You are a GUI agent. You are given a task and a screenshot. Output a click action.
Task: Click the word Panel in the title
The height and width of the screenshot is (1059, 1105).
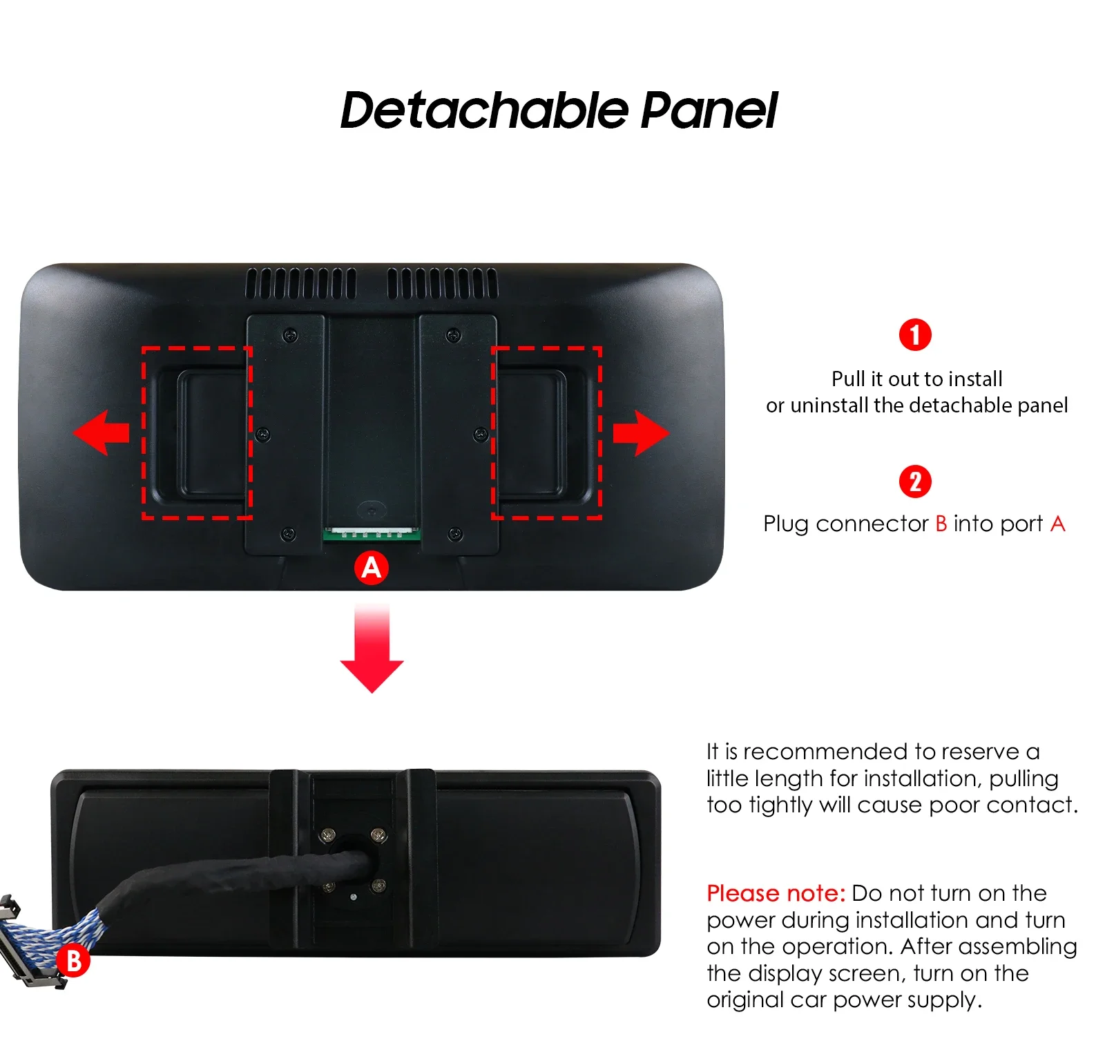pos(709,110)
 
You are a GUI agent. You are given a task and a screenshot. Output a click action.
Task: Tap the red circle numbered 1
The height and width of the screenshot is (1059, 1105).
pos(915,335)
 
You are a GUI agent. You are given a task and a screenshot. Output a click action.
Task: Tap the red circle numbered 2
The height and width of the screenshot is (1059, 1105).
pos(915,481)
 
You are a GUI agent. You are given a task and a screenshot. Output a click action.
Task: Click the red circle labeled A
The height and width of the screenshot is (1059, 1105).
pos(372,568)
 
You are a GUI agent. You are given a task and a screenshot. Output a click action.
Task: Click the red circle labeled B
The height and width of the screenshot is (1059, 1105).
pos(73,961)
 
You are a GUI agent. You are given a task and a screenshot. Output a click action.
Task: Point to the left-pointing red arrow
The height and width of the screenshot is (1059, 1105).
pos(101,432)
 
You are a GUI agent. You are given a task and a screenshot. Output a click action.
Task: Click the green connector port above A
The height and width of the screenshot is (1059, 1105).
pos(372,534)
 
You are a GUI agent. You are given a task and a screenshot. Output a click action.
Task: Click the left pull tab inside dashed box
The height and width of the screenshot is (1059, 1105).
pos(200,433)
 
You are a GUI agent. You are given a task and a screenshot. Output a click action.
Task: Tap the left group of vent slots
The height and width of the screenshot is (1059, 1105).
pos(301,283)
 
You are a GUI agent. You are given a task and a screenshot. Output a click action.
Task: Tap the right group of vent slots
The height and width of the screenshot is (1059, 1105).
pos(443,283)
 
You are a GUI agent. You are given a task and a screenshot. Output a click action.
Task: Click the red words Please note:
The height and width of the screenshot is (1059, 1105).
pos(776,893)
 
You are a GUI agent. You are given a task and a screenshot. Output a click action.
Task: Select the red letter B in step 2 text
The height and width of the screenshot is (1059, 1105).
pos(941,524)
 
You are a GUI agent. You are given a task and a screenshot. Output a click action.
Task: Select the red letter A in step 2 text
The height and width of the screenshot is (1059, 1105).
pos(1058,524)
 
